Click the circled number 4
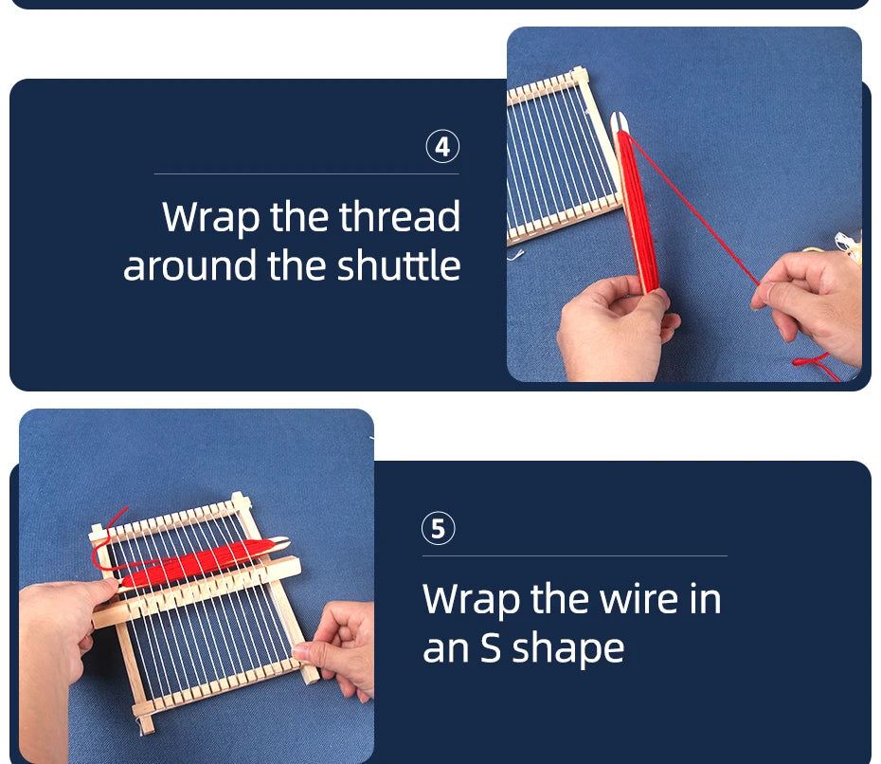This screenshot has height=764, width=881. tap(442, 147)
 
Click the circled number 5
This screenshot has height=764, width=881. tap(439, 528)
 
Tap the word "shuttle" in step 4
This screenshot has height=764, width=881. tap(399, 265)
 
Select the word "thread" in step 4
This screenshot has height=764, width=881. tap(400, 216)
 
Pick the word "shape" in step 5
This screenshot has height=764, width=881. tap(568, 649)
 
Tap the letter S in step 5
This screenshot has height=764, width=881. tap(491, 647)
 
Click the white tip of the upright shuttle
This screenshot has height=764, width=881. tap(619, 120)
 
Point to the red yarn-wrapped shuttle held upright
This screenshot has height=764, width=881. tap(638, 209)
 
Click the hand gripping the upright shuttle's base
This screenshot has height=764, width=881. tap(615, 327)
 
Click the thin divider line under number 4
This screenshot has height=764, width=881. tap(307, 174)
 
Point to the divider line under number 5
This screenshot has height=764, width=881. tap(575, 556)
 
